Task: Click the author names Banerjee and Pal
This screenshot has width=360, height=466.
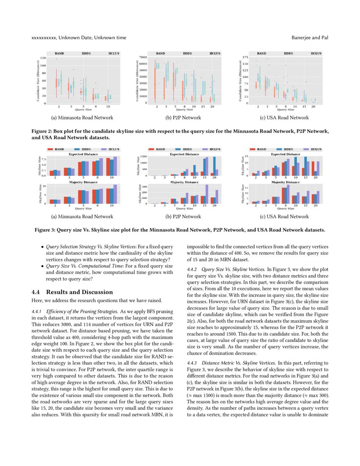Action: click(310, 38)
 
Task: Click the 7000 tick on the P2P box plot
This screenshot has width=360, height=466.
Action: click(143, 57)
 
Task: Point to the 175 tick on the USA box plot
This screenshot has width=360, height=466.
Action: click(245, 57)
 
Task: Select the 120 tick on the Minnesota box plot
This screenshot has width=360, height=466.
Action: click(43, 58)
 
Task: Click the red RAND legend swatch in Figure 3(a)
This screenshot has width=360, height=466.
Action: click(50, 150)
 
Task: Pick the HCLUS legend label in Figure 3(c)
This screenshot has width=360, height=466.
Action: click(316, 150)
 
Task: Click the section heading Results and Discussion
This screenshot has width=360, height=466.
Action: click(73, 292)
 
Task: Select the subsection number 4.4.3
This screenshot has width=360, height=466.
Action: click(193, 363)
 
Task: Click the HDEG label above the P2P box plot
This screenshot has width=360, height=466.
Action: click(187, 54)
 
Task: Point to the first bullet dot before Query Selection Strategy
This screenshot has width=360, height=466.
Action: click(42, 247)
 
